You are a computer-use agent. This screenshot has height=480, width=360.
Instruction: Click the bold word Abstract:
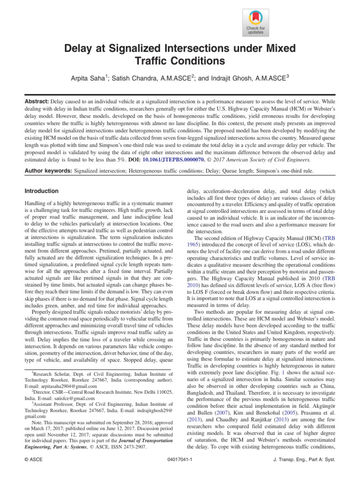(x=36, y=101)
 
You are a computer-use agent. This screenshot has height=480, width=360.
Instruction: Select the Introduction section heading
(x=41, y=191)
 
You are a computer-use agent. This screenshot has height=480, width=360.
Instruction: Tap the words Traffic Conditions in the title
(x=180, y=61)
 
